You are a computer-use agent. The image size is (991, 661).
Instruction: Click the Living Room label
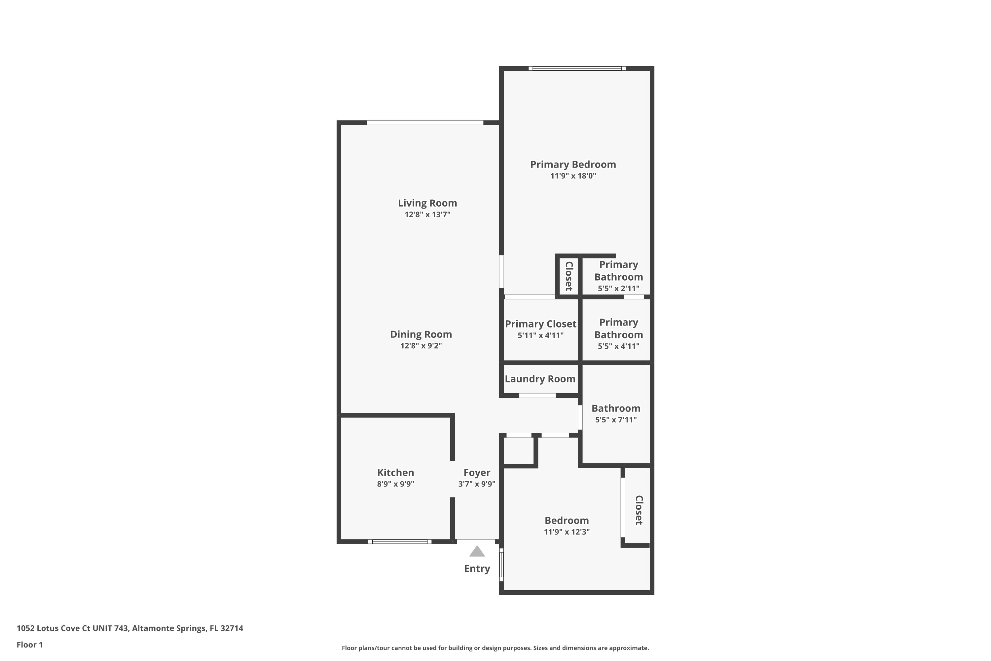click(x=427, y=203)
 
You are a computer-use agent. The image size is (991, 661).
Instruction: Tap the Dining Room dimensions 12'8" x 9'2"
click(x=421, y=346)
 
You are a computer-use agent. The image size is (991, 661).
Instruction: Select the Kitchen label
click(x=395, y=473)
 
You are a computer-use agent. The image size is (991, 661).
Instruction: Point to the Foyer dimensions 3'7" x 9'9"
click(x=477, y=484)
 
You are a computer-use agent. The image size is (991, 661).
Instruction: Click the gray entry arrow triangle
click(x=477, y=551)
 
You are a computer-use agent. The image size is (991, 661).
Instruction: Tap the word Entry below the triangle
click(x=477, y=569)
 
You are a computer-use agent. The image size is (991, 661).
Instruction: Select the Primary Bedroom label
click(x=573, y=164)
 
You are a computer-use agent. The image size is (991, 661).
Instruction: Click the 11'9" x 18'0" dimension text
click(x=573, y=176)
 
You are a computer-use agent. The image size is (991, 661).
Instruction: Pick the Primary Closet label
click(x=540, y=324)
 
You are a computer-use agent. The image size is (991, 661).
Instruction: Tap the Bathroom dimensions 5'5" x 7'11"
click(x=616, y=419)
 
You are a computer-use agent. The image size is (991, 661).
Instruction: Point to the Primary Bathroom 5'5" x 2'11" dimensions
click(x=618, y=288)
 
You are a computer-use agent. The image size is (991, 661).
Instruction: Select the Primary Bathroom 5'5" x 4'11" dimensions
click(x=618, y=346)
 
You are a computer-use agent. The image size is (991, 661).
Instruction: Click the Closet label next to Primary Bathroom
click(x=569, y=276)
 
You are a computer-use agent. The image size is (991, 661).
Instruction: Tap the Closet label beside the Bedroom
click(x=639, y=510)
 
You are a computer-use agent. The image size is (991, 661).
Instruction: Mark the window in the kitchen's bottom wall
click(x=400, y=542)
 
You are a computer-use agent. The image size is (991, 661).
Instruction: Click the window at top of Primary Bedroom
click(x=577, y=68)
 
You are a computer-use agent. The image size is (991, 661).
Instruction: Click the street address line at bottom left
click(x=130, y=628)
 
